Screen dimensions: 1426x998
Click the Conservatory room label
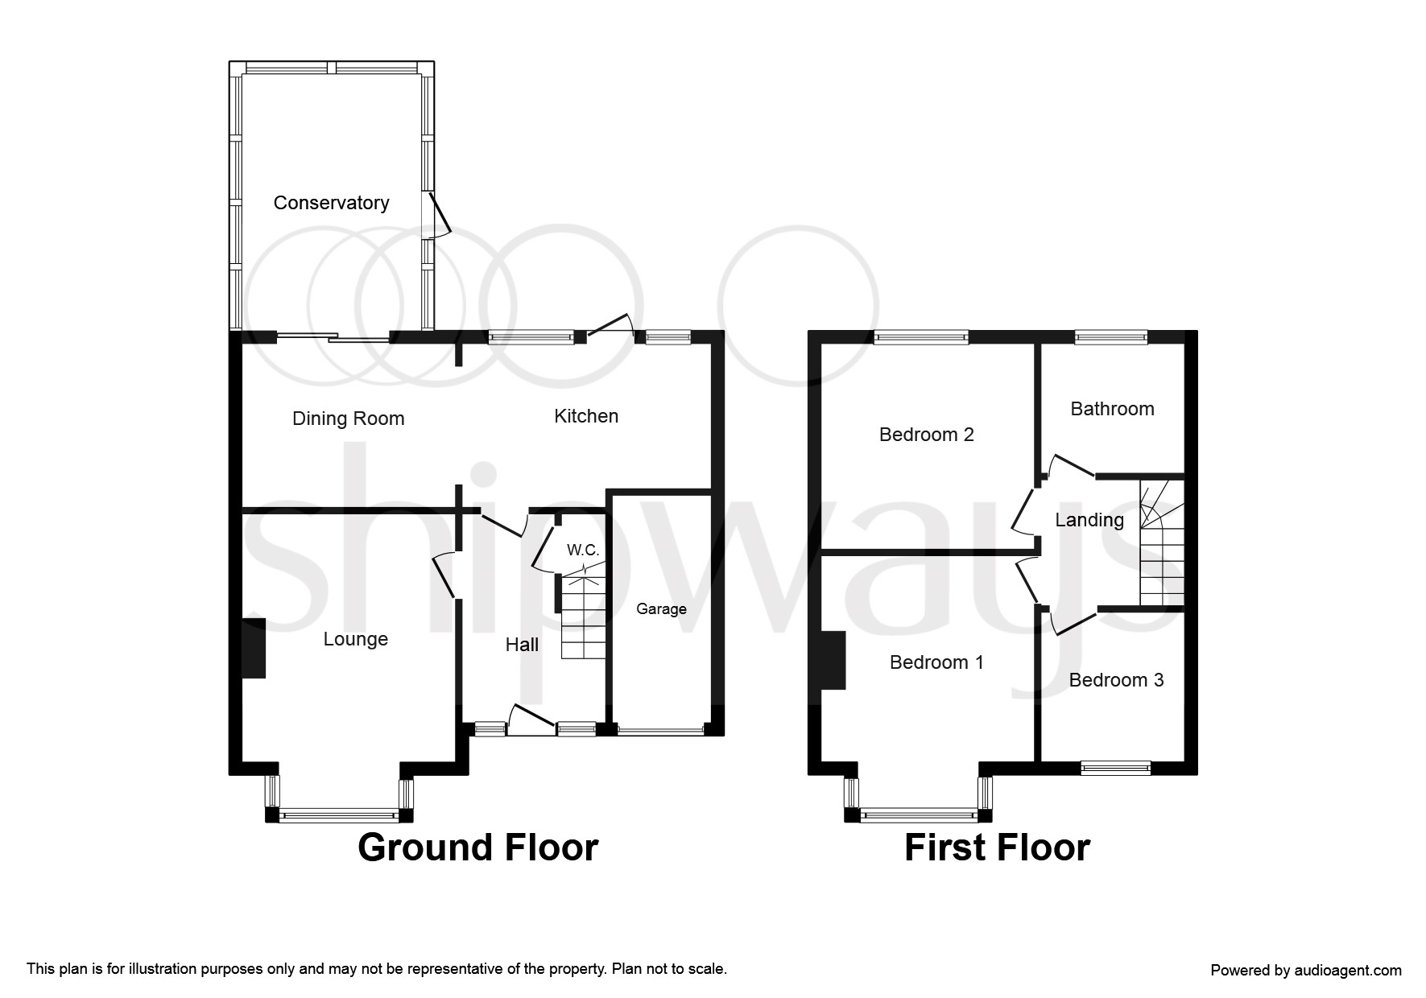331,203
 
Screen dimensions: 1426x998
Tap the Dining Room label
348,419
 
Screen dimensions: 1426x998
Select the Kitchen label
586,416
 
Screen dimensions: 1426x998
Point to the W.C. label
583,551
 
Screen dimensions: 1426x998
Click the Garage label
661,609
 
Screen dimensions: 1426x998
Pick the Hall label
522,645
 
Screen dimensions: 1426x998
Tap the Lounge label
355,639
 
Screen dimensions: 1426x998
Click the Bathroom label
1112,409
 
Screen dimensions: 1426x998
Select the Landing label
1089,520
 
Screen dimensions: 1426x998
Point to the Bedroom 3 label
1116,680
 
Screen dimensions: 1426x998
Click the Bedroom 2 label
926,435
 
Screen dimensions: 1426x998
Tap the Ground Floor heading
477,847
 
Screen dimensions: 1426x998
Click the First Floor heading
997,847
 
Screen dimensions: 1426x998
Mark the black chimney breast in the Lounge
254,649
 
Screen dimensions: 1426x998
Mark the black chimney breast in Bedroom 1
833,661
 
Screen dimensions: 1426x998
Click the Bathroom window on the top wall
1111,338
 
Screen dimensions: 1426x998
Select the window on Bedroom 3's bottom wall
1115,768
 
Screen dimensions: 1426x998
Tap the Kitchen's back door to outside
611,326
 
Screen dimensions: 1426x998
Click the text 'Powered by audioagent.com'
1306,971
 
